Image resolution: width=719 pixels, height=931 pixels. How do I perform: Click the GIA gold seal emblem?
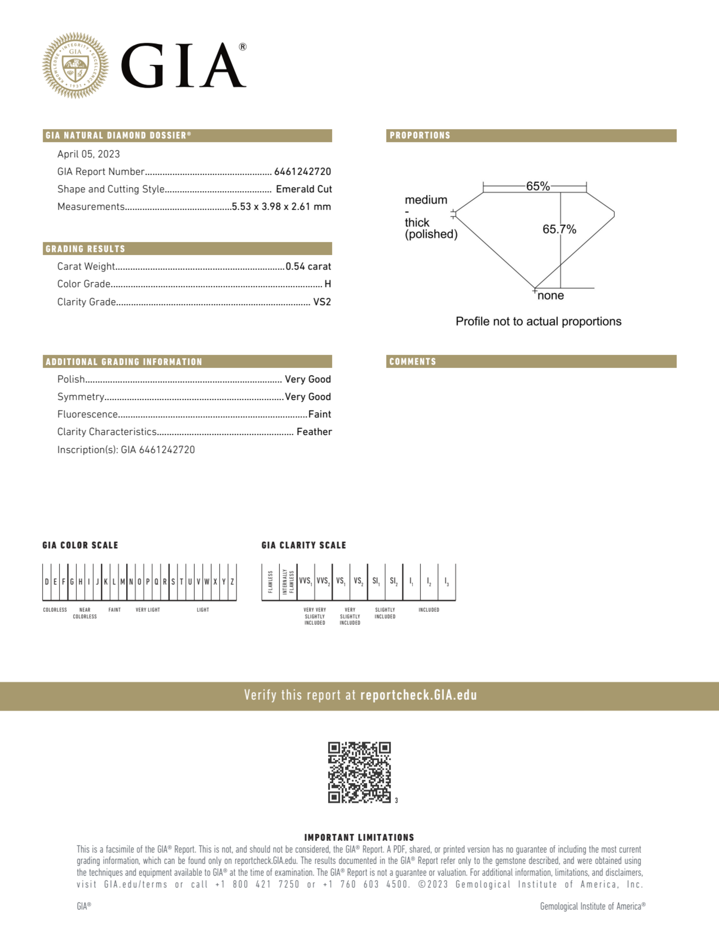[75, 65]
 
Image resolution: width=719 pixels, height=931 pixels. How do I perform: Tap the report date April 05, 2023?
[89, 154]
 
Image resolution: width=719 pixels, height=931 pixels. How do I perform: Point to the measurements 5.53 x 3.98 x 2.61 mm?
[281, 207]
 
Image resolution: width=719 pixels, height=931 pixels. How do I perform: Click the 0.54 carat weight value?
[308, 266]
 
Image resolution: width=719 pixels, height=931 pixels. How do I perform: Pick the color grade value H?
[328, 284]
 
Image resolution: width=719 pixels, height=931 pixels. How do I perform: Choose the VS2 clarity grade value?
[322, 302]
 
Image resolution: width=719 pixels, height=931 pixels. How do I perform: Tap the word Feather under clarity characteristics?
[314, 432]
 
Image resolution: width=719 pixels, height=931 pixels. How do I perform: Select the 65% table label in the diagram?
[538, 186]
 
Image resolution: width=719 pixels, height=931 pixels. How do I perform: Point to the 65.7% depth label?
[559, 229]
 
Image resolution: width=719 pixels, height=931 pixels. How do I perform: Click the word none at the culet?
[550, 296]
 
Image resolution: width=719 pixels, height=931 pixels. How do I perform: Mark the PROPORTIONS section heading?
[420, 136]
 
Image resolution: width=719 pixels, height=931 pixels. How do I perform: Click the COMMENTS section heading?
[412, 362]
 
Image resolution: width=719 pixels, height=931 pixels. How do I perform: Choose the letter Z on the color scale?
[232, 582]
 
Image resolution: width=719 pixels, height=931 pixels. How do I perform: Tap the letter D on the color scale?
[47, 582]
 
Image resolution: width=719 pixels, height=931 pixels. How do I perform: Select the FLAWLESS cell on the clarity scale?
[270, 582]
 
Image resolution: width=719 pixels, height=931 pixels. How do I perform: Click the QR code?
[359, 772]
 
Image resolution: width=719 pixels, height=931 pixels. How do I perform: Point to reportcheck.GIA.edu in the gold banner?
[419, 696]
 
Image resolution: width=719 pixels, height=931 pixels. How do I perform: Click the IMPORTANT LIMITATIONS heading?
[359, 837]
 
